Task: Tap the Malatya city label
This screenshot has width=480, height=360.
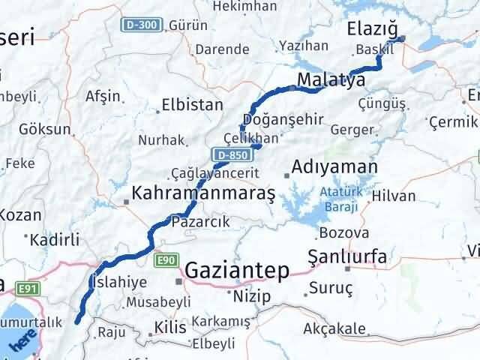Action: (x=331, y=79)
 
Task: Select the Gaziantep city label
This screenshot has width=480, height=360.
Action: (x=237, y=271)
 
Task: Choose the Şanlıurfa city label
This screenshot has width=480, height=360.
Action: (x=347, y=257)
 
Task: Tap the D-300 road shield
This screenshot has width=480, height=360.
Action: (x=141, y=25)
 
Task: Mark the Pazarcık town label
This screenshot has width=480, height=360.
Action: (x=200, y=222)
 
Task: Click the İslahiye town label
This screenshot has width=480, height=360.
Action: (x=112, y=283)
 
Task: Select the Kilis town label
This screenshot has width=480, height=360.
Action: (x=169, y=327)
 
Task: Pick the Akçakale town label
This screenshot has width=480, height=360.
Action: (x=334, y=328)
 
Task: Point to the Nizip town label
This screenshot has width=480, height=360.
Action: (x=251, y=296)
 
